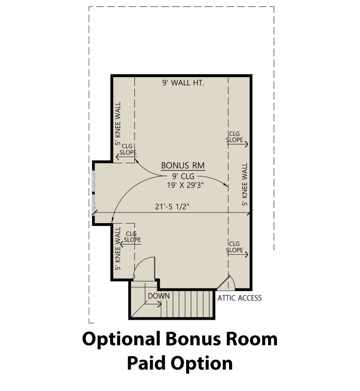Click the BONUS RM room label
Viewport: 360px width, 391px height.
pos(183,166)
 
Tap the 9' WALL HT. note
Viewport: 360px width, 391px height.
pos(183,83)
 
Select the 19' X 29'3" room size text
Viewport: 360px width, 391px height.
pos(185,185)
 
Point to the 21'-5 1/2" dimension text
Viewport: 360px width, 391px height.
pos(172,207)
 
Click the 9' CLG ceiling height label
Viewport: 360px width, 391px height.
pos(183,176)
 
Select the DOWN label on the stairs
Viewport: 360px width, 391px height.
pos(159,296)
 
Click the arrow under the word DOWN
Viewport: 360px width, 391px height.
pos(153,304)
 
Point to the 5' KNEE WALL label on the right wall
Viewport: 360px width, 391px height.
pos(244,184)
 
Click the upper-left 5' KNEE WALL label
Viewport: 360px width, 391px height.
pos(118,124)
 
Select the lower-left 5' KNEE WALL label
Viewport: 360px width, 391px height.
pos(118,248)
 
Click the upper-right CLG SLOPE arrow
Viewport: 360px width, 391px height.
pos(238,144)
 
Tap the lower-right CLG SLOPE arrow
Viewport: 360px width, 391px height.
pos(238,254)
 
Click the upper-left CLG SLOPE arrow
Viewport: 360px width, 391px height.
pos(126,157)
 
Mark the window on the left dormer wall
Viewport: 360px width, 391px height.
pos(94,193)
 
